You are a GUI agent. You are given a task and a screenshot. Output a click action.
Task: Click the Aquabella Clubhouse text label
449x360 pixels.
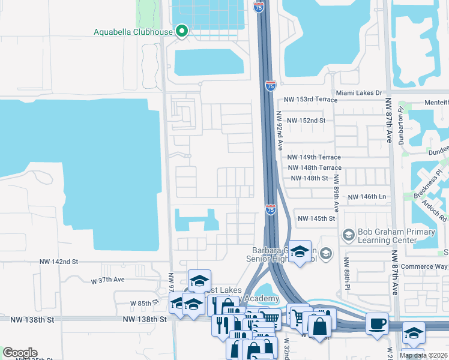tap(133, 32)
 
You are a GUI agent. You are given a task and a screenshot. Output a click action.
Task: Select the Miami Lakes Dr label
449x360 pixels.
tap(359, 93)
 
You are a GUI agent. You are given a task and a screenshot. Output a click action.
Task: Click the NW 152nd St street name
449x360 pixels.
tap(305, 121)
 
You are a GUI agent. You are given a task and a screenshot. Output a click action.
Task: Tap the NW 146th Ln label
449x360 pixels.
tap(366, 196)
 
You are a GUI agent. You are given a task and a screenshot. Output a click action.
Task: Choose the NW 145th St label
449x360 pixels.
tap(316, 218)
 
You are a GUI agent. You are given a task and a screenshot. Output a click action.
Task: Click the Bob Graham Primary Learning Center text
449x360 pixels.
tap(396, 236)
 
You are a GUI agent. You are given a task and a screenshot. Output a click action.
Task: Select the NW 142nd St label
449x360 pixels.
tap(59, 262)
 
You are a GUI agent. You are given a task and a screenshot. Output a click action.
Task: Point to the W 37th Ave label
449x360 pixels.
tap(107, 280)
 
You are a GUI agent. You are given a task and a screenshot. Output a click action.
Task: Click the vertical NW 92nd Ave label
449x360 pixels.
tap(279, 131)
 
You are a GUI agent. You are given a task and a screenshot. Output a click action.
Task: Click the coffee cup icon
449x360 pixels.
tap(377, 325)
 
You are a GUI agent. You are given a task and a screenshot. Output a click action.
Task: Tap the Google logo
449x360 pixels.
tap(20, 353)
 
